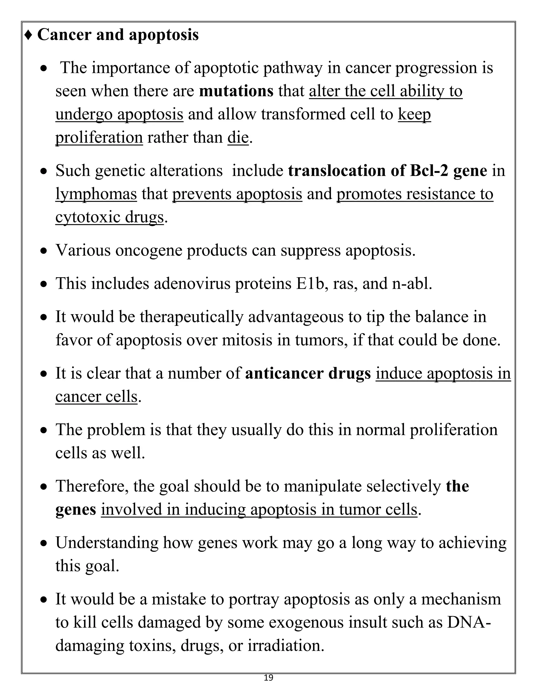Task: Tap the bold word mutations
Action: point(236,91)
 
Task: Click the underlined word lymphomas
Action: point(96,194)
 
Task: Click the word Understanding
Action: point(107,543)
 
